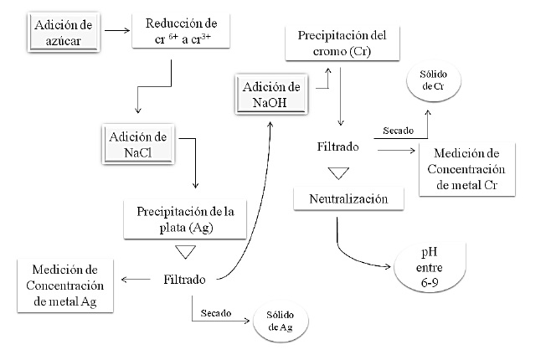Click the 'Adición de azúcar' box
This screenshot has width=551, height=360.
[64, 30]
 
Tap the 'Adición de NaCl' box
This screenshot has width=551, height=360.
[137, 144]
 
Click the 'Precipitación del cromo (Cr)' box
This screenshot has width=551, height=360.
[340, 43]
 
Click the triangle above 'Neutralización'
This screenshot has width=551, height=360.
[337, 173]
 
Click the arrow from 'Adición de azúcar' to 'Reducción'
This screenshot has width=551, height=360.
[116, 31]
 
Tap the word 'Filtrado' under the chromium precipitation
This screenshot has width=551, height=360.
[338, 147]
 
